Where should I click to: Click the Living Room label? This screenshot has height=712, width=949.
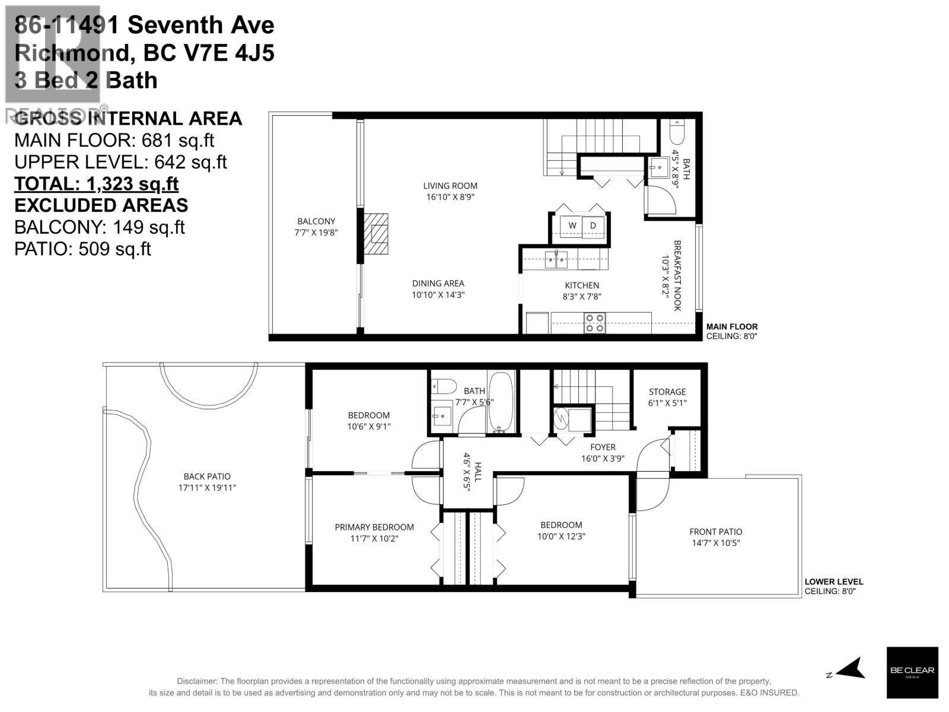click(x=450, y=186)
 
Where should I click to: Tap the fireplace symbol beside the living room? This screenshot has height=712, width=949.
click(x=375, y=234)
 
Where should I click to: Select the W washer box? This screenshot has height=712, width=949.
click(x=572, y=225)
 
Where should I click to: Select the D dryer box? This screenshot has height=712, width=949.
click(x=593, y=225)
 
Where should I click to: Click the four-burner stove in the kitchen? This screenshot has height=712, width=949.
click(x=594, y=323)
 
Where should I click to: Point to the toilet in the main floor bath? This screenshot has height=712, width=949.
click(x=676, y=132)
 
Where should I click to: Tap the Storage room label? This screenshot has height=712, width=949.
click(x=667, y=392)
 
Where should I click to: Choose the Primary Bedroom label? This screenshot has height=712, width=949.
click(x=374, y=527)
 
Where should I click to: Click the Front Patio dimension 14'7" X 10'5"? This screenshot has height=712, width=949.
click(x=715, y=543)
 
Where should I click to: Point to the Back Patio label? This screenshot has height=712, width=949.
click(x=207, y=476)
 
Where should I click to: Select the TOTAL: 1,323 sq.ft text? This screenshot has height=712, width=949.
click(x=96, y=184)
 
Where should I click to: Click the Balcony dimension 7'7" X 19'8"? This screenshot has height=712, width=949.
click(x=316, y=233)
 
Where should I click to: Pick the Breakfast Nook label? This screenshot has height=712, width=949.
click(x=677, y=275)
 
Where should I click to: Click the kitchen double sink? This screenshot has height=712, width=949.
click(x=556, y=259)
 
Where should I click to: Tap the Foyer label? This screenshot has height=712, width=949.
click(x=603, y=447)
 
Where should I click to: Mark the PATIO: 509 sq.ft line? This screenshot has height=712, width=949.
click(x=82, y=249)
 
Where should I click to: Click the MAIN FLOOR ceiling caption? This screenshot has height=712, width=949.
click(x=731, y=331)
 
